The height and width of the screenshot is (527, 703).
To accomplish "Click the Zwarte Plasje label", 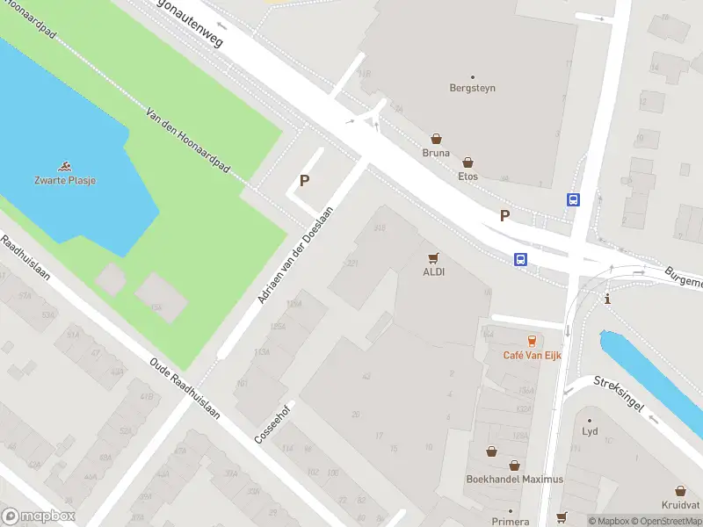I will coord(66,180).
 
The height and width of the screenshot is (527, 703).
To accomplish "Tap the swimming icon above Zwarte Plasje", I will coord(66,166).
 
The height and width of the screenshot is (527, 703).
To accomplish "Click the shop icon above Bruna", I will coord(436,139).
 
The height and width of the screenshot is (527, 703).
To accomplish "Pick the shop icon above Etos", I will coord(468,162).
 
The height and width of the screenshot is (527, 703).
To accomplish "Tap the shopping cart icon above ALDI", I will coord(432,258).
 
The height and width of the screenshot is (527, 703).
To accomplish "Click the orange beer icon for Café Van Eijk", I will coord(532,341).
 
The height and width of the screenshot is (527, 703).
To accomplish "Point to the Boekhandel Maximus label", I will coord(514,479).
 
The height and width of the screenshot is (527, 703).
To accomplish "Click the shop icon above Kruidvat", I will coord(680,491).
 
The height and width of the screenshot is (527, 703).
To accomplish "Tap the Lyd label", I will coord(590,432).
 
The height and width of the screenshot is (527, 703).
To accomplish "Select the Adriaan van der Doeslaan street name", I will coord(296,256).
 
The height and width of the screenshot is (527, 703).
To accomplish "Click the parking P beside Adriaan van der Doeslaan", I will coord(305,181).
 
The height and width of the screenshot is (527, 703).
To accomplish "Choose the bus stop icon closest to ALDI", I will coord(520,259).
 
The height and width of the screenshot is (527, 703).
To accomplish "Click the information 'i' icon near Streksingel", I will coord(607,300).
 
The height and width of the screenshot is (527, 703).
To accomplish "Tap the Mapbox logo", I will coord(39,516).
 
